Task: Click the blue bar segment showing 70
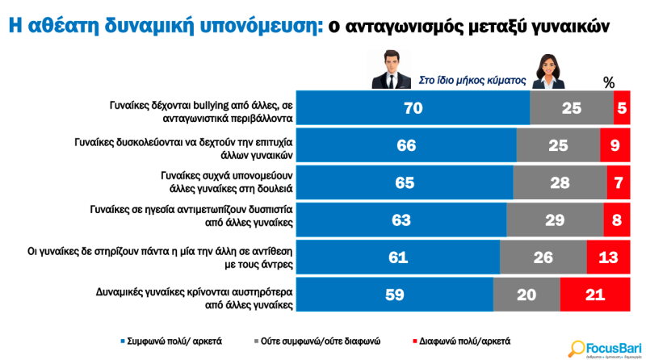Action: pos(413,108)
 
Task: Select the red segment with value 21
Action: pos(594,295)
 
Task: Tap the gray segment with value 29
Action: pos(555,220)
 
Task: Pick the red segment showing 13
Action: pos(608,257)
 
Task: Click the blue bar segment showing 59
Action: pos(395,295)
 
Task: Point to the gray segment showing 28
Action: pos(559,183)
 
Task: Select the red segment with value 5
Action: pos(621,108)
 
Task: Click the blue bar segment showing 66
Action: pos(407,146)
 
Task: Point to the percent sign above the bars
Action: pos(609,82)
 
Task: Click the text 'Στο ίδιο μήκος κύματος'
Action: pos(472,81)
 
